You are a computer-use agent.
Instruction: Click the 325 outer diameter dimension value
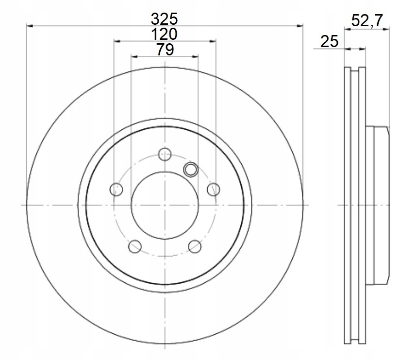[x=165, y=19]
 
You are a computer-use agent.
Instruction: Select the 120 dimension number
[x=165, y=34]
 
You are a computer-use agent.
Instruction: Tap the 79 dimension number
[x=165, y=49]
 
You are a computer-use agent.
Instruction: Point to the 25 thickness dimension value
[x=329, y=42]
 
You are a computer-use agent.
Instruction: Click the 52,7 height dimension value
[x=367, y=20]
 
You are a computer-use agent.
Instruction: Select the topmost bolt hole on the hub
[x=165, y=154]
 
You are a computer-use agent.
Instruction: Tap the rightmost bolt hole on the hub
[x=213, y=189]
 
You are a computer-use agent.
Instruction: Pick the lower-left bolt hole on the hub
[x=134, y=246]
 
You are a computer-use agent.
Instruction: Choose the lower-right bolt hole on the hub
[x=195, y=246]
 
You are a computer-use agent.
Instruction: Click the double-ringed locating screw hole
[x=191, y=169]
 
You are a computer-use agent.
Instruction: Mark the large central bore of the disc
[x=165, y=205]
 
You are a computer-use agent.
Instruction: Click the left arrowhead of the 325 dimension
[x=29, y=26]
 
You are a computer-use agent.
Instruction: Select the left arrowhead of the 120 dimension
[x=116, y=41]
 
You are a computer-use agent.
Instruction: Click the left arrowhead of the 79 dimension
[x=134, y=56]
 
